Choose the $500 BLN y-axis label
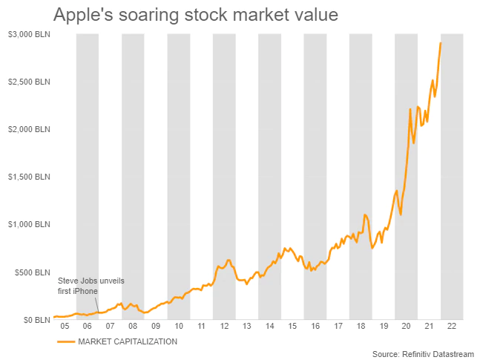[27, 272]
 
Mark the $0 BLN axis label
[31, 320]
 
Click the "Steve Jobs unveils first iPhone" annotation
[83, 286]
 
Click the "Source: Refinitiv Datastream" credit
[422, 353]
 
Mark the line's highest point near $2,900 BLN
[441, 43]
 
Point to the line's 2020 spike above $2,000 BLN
[410, 110]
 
